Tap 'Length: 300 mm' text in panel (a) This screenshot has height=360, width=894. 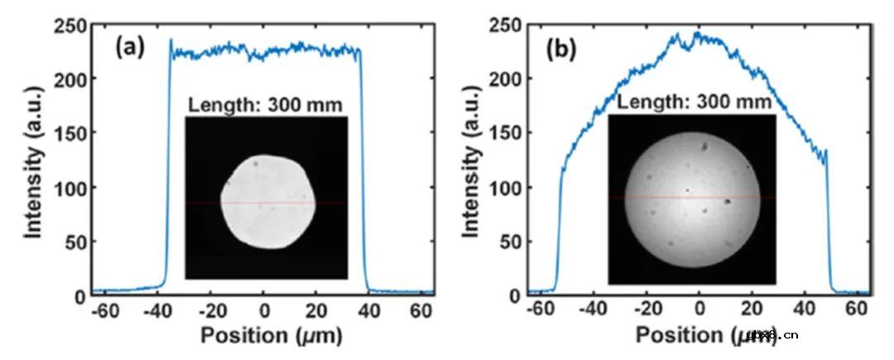pos(265,105)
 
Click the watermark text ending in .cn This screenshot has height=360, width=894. pos(771,335)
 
